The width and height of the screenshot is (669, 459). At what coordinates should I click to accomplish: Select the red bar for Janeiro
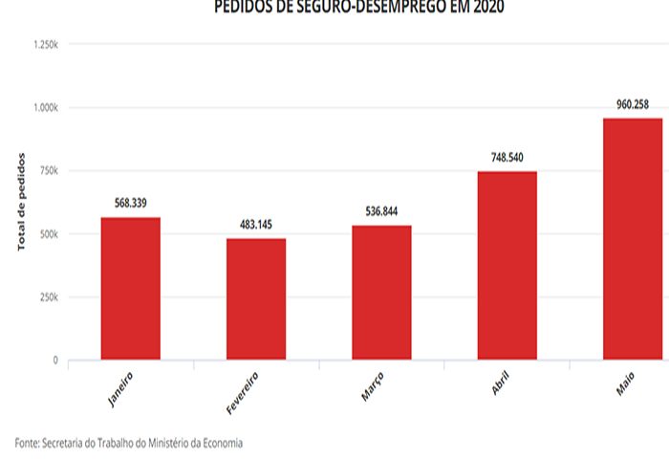tap(131, 288)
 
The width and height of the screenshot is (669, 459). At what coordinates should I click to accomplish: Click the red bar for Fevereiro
tap(256, 298)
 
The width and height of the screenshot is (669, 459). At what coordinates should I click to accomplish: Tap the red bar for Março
tap(381, 292)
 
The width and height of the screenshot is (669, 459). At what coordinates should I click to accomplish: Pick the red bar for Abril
tap(507, 265)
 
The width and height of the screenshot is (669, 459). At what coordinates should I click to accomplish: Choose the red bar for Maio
tap(633, 238)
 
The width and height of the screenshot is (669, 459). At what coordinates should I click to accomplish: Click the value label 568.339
tap(131, 203)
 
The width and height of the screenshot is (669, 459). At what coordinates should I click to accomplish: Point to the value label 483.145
tap(256, 225)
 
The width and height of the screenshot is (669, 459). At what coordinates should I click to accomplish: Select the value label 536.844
tap(381, 211)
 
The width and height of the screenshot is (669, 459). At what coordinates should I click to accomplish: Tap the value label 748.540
tap(507, 158)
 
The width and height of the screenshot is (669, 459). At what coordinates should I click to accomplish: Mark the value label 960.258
tap(633, 104)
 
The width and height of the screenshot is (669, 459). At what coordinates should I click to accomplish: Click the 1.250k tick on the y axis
tap(45, 44)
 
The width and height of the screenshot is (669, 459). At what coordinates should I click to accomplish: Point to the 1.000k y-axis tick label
tap(45, 107)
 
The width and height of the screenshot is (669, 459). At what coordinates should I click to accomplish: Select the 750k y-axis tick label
tap(48, 170)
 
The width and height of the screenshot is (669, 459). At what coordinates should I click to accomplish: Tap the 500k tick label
tap(48, 234)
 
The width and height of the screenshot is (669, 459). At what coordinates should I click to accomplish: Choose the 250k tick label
tap(48, 297)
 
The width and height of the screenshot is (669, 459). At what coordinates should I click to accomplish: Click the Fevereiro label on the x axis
tap(243, 392)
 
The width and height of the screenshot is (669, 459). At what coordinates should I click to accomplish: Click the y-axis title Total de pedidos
tap(22, 202)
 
